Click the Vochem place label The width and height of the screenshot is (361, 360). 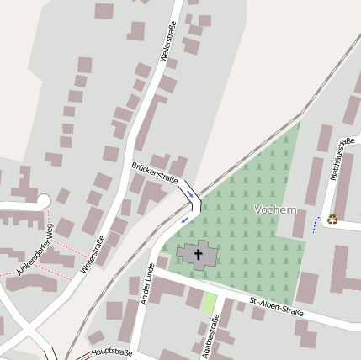274,208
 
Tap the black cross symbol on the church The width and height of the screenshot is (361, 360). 199,252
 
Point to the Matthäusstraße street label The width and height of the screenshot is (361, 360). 339,160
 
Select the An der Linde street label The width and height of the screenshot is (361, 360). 148,283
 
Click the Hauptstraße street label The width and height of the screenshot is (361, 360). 112,352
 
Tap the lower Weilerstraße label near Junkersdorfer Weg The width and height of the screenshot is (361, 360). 93,256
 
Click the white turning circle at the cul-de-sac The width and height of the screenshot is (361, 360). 44,200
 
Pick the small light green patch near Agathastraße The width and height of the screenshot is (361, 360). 209,302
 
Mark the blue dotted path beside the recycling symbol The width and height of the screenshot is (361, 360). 316,225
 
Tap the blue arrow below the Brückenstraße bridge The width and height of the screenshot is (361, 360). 185,220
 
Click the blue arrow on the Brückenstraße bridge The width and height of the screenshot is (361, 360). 191,194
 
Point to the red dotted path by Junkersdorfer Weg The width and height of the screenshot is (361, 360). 67,253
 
